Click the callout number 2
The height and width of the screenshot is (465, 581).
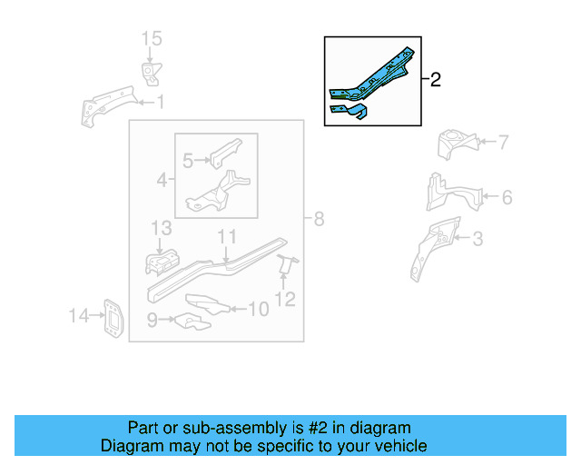(435, 80)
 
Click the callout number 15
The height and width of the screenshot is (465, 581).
(151, 38)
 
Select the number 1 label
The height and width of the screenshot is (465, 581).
(160, 102)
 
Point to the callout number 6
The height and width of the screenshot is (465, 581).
(507, 197)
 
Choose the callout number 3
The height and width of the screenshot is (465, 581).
(478, 240)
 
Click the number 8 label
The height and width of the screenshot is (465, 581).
(318, 219)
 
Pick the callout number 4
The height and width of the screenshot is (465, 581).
(162, 180)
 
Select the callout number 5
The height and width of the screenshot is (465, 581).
(188, 161)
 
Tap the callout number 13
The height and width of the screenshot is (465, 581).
(161, 227)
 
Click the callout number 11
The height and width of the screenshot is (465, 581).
(226, 237)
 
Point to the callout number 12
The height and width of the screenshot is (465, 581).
(285, 298)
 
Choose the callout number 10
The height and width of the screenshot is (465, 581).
(258, 310)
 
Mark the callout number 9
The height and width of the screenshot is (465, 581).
(153, 319)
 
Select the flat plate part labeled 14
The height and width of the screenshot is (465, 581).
(113, 318)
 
